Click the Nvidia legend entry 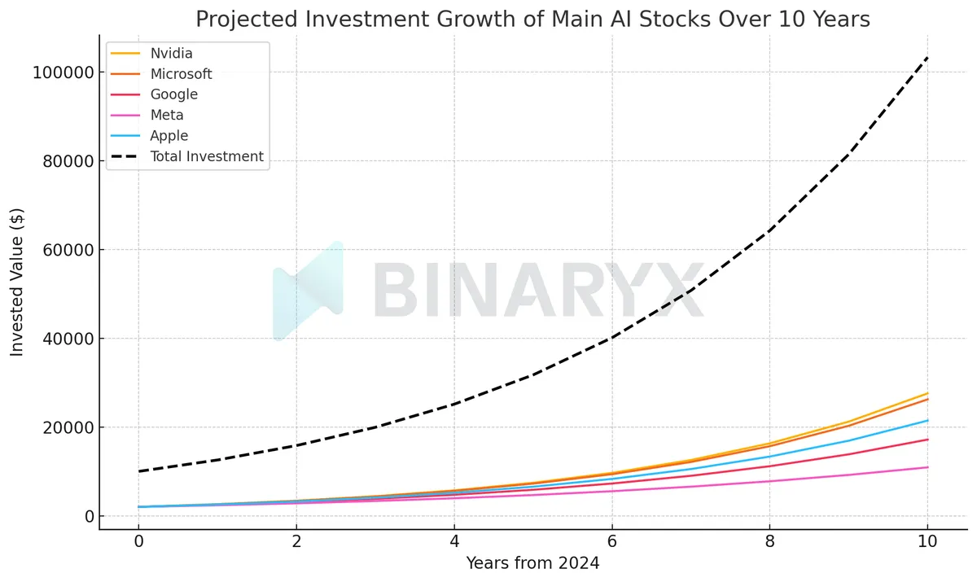(x=171, y=54)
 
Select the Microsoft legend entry (x=181, y=74)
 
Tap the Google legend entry (x=173, y=94)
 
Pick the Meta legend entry (x=167, y=115)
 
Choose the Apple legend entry (x=169, y=136)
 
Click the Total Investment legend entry (x=207, y=156)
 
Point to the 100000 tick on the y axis (x=62, y=72)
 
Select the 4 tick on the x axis (x=454, y=540)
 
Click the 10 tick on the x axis (x=927, y=540)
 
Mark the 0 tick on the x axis (x=138, y=540)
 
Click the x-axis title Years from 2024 (x=532, y=562)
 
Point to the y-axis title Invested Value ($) (x=17, y=282)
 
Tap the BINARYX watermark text (x=537, y=291)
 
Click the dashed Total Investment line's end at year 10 (x=927, y=59)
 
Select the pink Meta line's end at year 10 (x=927, y=467)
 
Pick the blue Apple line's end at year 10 (x=927, y=421)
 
